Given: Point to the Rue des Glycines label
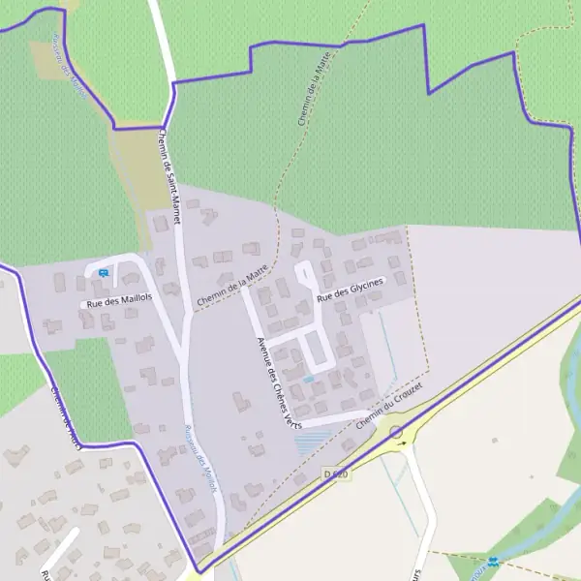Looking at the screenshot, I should point(350,288).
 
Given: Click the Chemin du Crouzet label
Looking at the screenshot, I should point(391,408).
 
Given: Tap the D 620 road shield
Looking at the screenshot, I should point(336,474).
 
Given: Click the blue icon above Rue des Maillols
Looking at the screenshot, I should point(103,273).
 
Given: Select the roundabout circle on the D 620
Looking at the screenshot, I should point(396,431).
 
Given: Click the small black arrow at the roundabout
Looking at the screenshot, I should point(402,443).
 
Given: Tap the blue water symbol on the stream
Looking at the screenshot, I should point(494,561).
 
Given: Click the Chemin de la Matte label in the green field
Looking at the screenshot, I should point(311,93).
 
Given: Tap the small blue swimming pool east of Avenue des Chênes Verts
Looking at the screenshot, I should point(309,379).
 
